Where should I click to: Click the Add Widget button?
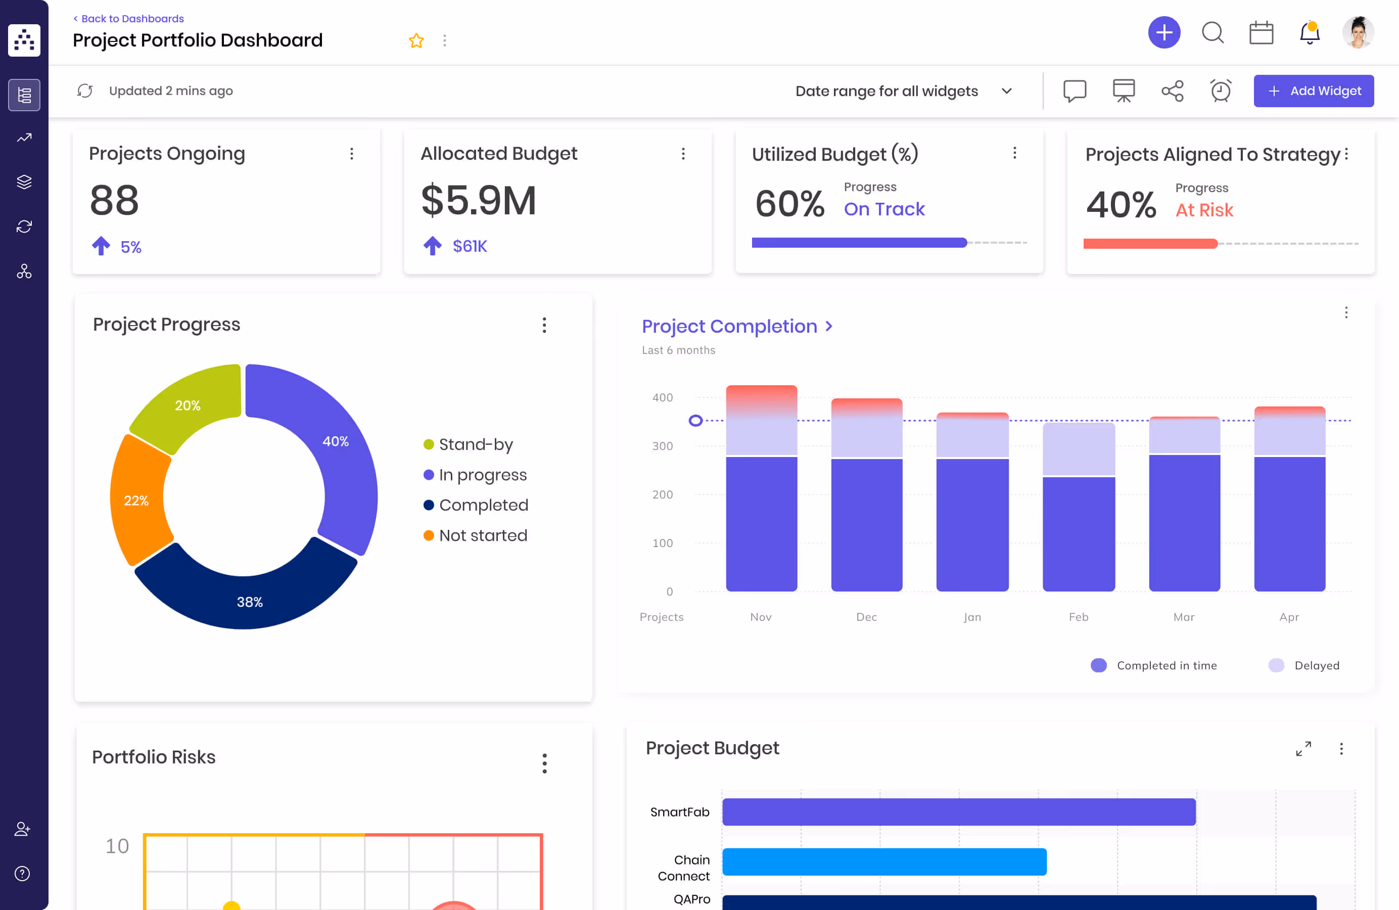(1313, 91)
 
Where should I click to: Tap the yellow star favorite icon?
(416, 40)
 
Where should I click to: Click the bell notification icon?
(1309, 33)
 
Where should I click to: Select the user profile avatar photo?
(1358, 32)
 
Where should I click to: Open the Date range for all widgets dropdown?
(902, 91)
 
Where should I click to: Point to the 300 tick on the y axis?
(663, 446)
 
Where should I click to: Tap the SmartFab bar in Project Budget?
(958, 812)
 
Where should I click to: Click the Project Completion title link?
(729, 326)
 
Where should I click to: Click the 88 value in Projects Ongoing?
(115, 201)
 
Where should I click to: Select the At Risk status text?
(1204, 210)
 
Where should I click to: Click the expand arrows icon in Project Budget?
(1303, 748)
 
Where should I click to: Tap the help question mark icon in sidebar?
(22, 874)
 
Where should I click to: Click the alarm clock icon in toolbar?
(1220, 91)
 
